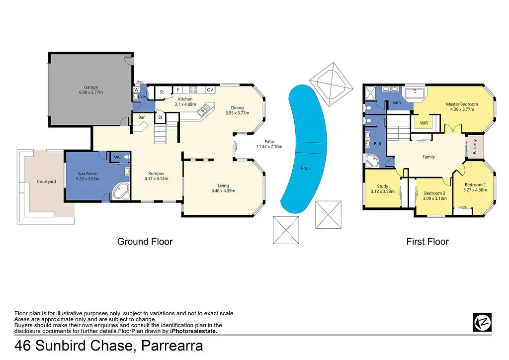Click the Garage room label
[91, 87]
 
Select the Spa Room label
[87, 174]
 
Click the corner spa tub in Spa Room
[121, 191]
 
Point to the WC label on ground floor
[117, 157]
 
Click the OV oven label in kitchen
[210, 90]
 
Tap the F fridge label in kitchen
[178, 90]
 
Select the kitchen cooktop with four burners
[193, 90]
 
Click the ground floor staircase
[161, 134]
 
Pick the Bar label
[142, 117]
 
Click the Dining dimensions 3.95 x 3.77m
[237, 113]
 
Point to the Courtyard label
[46, 181]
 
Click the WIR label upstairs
[424, 123]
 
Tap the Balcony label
[475, 146]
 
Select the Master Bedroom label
[462, 104]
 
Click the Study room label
[383, 186]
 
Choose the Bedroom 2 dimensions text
[434, 198]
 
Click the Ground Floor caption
[145, 242]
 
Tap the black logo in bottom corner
[482, 322]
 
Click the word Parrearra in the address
[172, 346]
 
